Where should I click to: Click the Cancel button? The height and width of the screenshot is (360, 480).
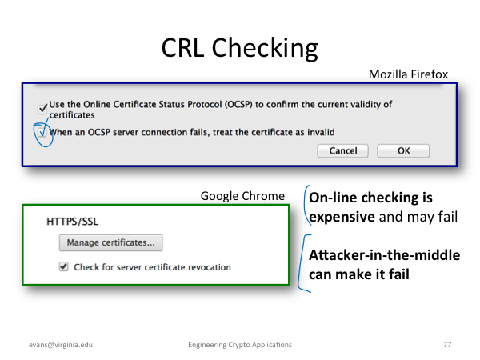[343, 151]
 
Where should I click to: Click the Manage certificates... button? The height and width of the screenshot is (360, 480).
[111, 242]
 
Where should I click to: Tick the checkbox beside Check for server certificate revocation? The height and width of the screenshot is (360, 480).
[64, 266]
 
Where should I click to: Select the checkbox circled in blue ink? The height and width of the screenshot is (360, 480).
[42, 132]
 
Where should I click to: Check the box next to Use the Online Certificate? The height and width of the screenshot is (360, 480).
[42, 109]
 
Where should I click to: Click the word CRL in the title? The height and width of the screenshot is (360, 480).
[182, 48]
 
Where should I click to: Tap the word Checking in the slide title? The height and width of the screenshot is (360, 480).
[265, 49]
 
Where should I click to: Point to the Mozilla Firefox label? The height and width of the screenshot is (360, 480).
[408, 74]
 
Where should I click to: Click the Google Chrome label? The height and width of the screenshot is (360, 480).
[242, 196]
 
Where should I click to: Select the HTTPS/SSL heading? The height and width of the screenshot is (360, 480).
[73, 222]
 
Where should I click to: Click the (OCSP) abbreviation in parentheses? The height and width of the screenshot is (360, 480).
[238, 104]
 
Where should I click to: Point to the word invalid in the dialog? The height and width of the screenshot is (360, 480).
[321, 132]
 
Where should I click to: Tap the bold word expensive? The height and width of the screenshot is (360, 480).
[342, 217]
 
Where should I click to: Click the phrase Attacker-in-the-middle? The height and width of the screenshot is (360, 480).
[385, 255]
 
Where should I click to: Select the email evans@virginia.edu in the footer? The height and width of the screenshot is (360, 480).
[61, 345]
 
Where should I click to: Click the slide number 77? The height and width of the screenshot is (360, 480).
[447, 344]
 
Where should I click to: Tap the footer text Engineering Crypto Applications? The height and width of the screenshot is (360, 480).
[240, 345]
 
